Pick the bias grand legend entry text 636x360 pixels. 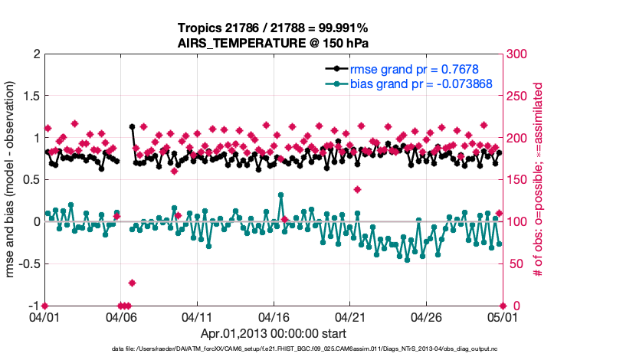point(421,83)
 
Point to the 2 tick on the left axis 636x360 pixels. point(34,54)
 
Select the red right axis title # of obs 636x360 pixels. point(538,180)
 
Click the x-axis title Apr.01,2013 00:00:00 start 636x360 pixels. point(273,334)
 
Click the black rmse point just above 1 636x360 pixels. point(133,127)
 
